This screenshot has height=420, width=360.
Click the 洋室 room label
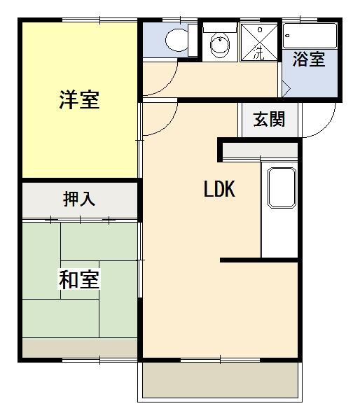tap(78, 100)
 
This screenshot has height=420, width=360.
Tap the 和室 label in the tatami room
tap(78, 279)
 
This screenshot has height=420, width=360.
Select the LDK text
tap(219, 189)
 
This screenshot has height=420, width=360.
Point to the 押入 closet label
tap(78, 199)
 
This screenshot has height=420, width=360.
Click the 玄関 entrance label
tap(269, 120)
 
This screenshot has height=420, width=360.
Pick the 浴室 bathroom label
tap(309, 59)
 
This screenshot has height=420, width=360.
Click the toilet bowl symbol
tap(176, 40)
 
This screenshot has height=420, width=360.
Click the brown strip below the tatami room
tap(78, 348)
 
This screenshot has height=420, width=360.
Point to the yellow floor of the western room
tap(78, 140)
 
